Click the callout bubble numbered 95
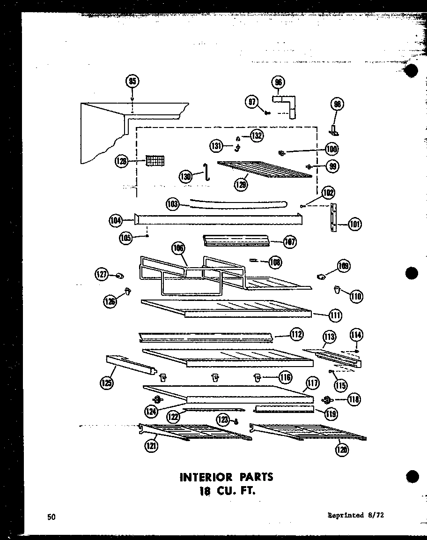pyautogui.click(x=133, y=82)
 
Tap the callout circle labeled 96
pyautogui.click(x=279, y=82)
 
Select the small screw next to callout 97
pyautogui.click(x=267, y=112)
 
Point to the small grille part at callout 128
pyautogui.click(x=155, y=160)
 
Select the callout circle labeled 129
pyautogui.click(x=242, y=184)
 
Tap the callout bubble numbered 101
pyautogui.click(x=355, y=224)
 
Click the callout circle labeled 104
pyautogui.click(x=116, y=219)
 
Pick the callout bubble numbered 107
pyautogui.click(x=290, y=242)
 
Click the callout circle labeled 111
pyautogui.click(x=335, y=315)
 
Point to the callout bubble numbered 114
pyautogui.click(x=357, y=335)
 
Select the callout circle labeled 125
pyautogui.click(x=107, y=383)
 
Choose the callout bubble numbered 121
pyautogui.click(x=151, y=446)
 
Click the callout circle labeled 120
pyautogui.click(x=342, y=450)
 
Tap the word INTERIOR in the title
pyautogui.click(x=206, y=477)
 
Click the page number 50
pyautogui.click(x=51, y=517)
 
